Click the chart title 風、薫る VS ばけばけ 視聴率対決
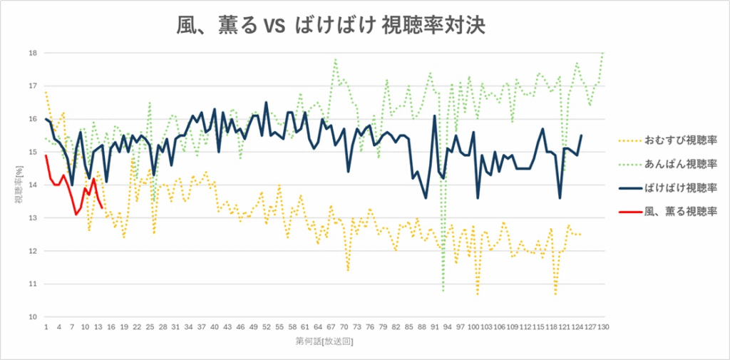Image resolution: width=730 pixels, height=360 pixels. coord(331,26)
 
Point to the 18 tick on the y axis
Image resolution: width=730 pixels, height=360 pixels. coord(33,53)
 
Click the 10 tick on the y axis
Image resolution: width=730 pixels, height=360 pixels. coord(33,317)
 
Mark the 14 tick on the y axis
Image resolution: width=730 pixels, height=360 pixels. coord(33,185)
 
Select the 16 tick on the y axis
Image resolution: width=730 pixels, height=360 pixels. coord(33,119)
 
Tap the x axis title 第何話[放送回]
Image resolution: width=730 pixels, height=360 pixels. coord(324,341)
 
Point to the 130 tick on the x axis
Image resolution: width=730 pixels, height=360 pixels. coord(603,327)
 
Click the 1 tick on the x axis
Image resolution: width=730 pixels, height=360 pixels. coord(46,327)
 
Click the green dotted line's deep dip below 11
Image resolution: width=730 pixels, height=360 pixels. coord(443,291)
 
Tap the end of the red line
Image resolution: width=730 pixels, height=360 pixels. coord(102,208)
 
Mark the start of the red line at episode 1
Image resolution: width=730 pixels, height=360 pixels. coord(46,155)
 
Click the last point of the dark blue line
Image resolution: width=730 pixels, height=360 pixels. coord(581,135)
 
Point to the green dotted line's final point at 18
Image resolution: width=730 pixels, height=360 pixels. coord(603,53)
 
